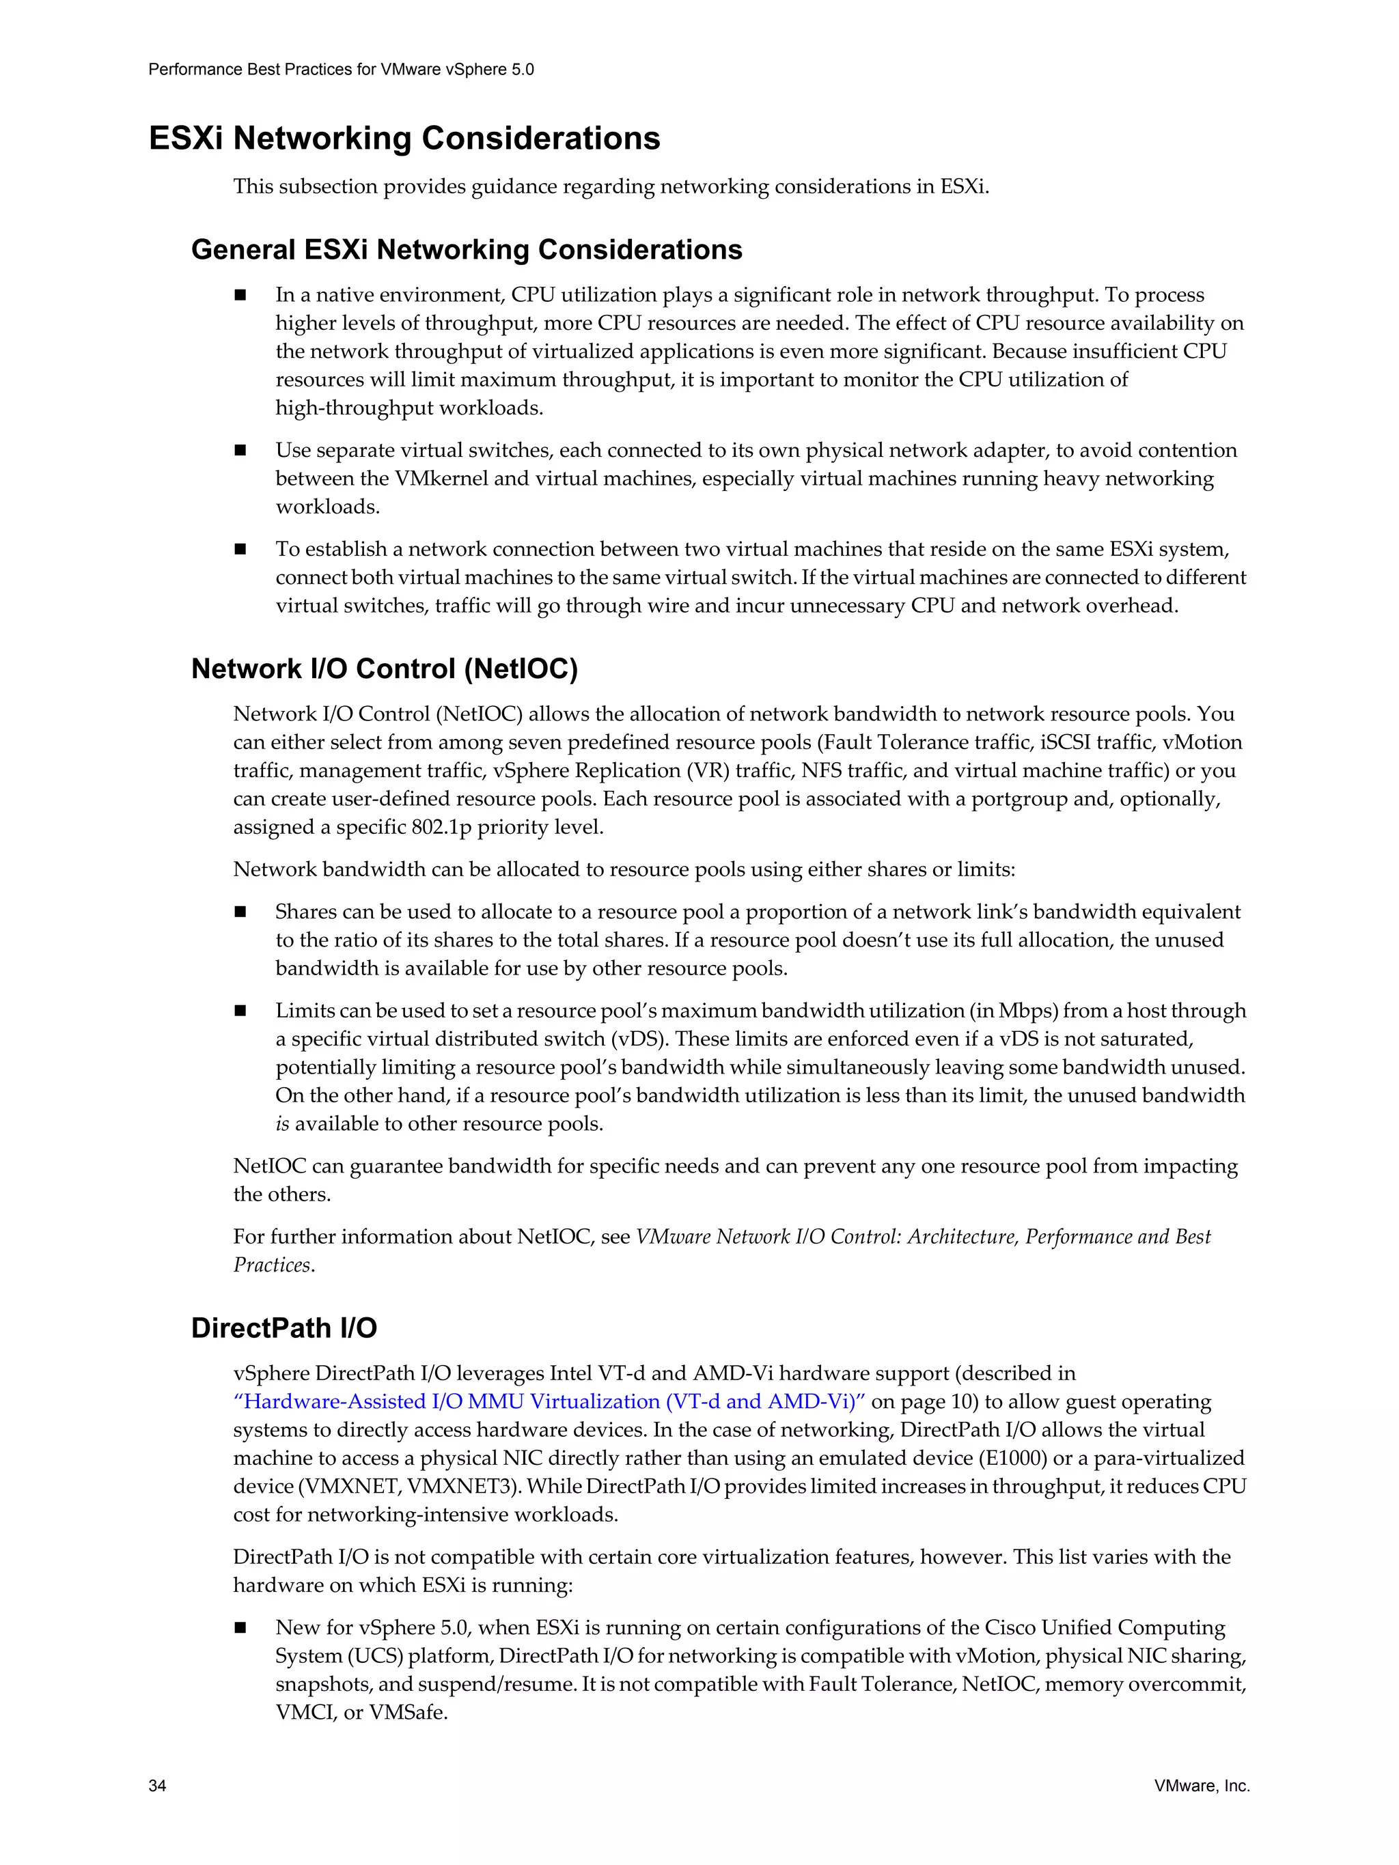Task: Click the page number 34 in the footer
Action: click(157, 1785)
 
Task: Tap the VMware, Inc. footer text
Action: click(1202, 1785)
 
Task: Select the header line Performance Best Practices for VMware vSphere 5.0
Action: click(341, 70)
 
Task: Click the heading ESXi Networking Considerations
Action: click(404, 138)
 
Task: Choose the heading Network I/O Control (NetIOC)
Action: click(385, 669)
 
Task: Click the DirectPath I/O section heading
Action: click(283, 1328)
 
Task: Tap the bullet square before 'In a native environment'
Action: click(240, 295)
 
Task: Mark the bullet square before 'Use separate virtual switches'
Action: click(240, 450)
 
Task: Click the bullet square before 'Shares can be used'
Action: click(240, 912)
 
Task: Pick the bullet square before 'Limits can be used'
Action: click(240, 1011)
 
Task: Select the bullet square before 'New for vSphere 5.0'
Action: click(240, 1627)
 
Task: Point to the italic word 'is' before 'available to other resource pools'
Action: click(283, 1124)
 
